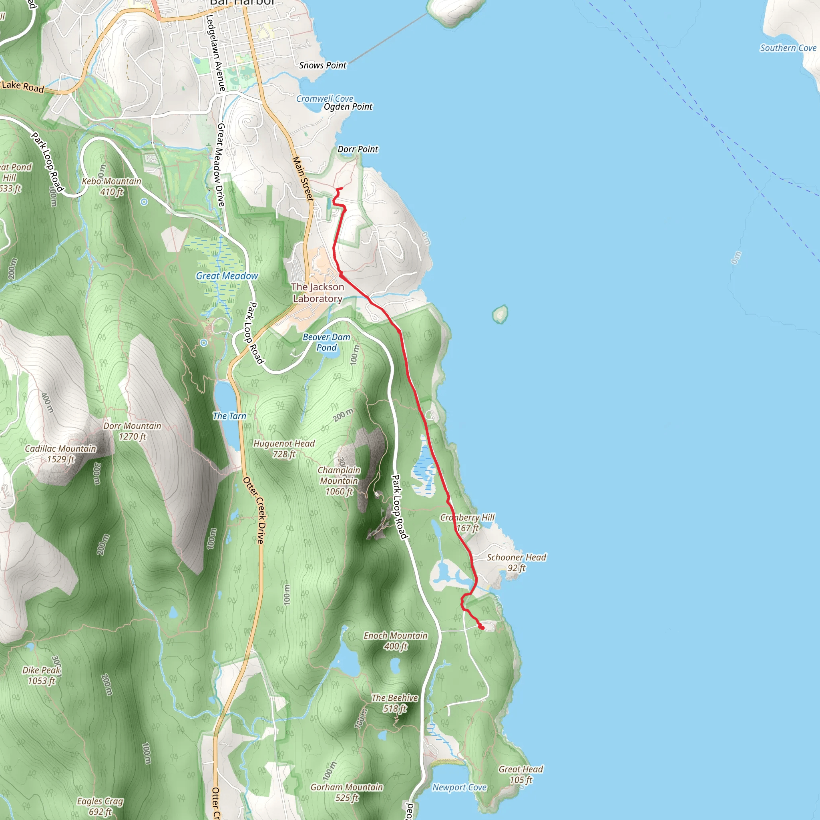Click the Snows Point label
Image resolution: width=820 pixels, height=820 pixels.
point(323,65)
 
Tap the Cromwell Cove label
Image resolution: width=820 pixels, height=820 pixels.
point(325,98)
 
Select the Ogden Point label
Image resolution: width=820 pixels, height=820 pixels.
point(348,107)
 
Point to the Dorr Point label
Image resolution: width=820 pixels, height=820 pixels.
point(358,149)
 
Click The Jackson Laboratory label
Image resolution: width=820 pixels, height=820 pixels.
point(318,293)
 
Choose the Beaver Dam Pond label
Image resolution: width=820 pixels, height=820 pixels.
point(326,342)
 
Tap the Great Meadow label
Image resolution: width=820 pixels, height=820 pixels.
point(227,276)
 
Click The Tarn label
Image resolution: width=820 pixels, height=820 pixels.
point(229,416)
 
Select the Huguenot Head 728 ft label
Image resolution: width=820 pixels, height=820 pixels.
point(284,448)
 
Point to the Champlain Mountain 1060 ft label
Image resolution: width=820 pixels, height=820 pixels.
point(339,481)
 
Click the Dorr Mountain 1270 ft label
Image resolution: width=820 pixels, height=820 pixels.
point(133,431)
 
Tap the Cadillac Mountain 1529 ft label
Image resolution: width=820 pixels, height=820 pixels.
point(61,454)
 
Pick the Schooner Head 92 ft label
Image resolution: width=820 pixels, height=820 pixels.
point(516,563)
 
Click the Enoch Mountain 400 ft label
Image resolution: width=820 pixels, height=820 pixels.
point(396,641)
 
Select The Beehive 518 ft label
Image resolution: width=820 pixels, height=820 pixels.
point(395,703)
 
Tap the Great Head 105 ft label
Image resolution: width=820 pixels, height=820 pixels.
point(521,775)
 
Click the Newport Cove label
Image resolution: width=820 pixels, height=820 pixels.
point(459,788)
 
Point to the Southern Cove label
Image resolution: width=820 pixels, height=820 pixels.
point(788,48)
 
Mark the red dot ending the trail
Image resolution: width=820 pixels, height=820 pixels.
point(482,627)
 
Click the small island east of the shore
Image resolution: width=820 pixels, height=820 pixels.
point(500,314)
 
